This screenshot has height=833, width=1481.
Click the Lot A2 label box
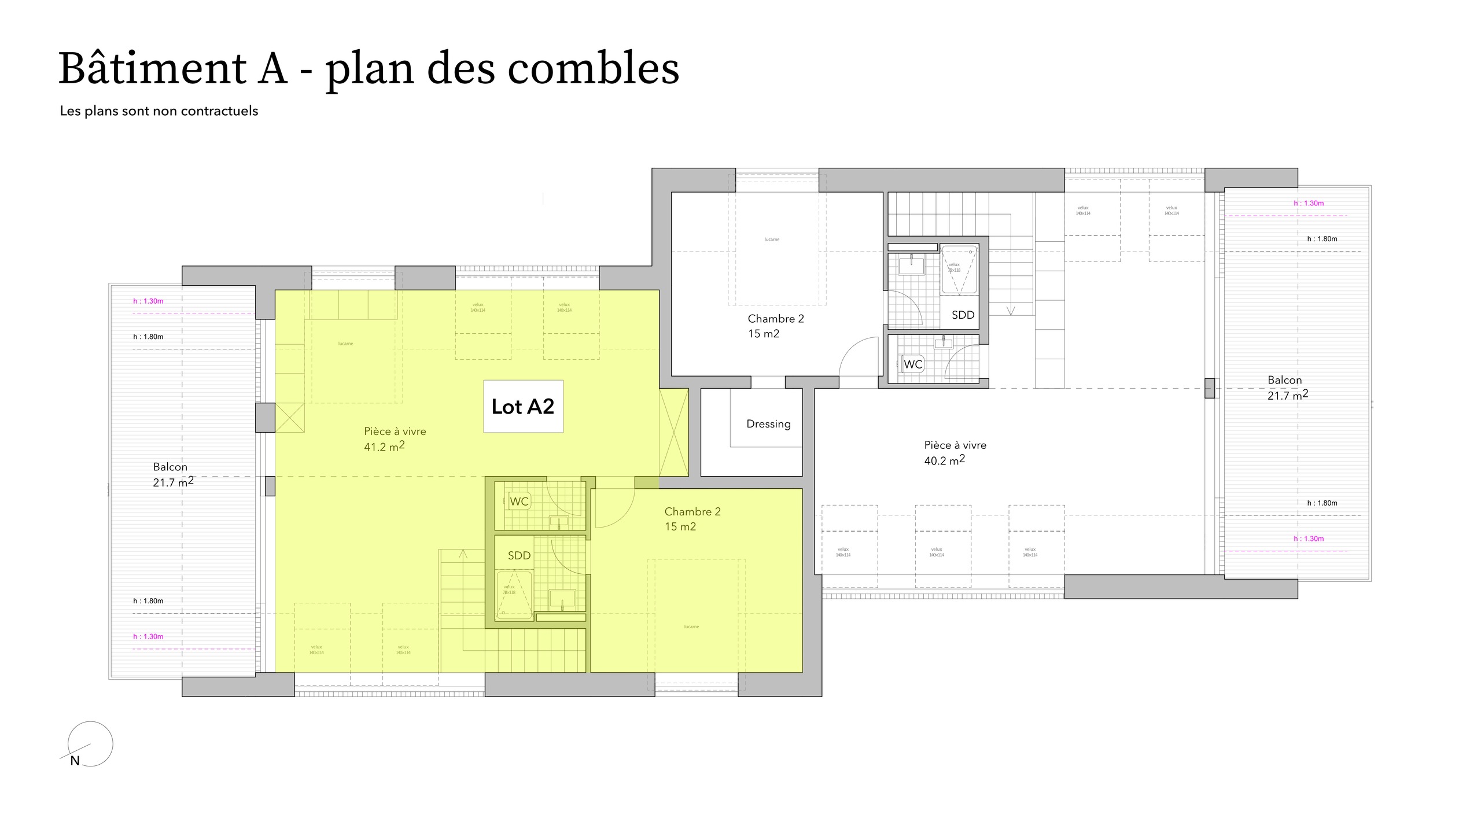(x=523, y=406)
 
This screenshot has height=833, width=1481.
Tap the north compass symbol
(x=90, y=744)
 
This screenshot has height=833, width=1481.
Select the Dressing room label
(x=768, y=424)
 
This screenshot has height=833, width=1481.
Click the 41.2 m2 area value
(x=384, y=447)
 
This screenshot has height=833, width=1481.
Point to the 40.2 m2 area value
(x=944, y=460)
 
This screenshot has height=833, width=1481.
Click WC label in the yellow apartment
(x=519, y=502)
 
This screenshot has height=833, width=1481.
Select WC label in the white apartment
(x=913, y=364)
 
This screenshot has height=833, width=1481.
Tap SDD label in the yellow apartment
(x=519, y=555)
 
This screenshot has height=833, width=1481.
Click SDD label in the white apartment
(x=963, y=315)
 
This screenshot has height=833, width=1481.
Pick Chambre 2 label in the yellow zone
(x=692, y=511)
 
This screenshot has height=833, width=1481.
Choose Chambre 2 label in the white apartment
(x=776, y=319)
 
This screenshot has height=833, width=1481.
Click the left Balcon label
(x=170, y=467)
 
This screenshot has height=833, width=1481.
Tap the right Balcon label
(x=1284, y=380)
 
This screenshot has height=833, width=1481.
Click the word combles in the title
(x=593, y=69)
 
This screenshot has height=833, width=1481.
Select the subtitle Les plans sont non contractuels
(x=159, y=111)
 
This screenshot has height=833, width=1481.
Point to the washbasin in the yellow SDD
(x=561, y=598)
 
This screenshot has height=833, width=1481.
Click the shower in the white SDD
(x=959, y=270)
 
